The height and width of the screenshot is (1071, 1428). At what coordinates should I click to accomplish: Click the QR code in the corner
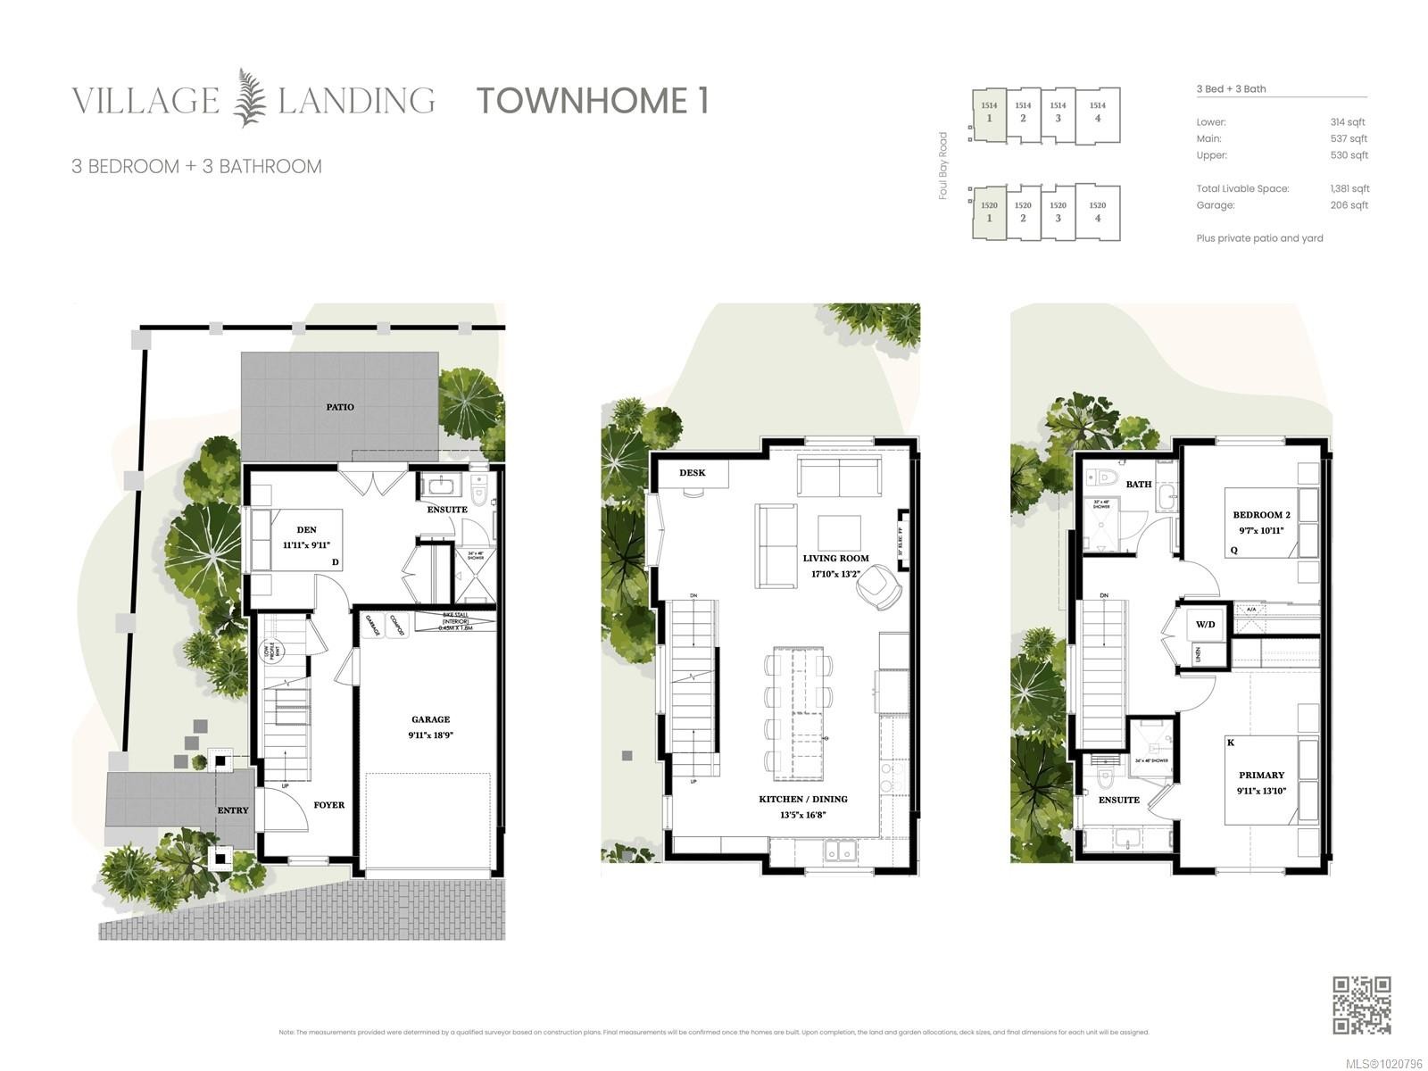coord(1362,1005)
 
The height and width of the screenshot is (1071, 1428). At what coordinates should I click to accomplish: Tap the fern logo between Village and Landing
coord(249,98)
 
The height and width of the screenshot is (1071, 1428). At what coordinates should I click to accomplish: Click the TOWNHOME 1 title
coord(593,100)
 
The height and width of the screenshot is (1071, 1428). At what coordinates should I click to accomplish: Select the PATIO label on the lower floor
coord(339,407)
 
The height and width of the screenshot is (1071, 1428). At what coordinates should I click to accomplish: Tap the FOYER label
coord(328,805)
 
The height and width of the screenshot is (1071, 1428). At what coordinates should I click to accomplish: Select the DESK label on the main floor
coord(692,473)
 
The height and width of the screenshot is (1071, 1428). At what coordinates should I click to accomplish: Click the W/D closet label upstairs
coord(1205,625)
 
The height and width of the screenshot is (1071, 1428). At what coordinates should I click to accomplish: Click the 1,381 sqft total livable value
coord(1349,189)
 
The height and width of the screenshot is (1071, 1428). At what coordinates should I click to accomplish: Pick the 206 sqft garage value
coord(1349,205)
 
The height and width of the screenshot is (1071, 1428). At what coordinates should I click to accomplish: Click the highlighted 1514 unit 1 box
coord(989,112)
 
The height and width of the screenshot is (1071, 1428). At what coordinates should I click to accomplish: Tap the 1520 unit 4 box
coord(1097,212)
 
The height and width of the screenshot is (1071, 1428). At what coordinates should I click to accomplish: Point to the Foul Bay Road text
coord(942,166)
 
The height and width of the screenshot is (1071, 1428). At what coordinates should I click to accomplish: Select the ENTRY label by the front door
coord(233,810)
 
